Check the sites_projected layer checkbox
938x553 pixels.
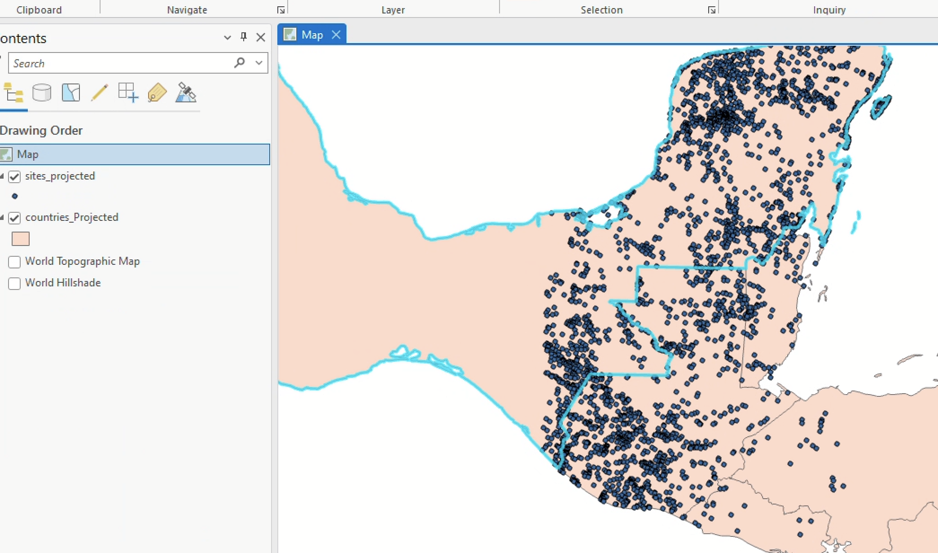(14, 176)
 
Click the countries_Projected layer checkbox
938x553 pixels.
(14, 218)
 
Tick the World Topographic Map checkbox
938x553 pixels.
(14, 262)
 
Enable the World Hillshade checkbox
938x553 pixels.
(14, 283)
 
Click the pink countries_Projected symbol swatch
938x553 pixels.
(21, 239)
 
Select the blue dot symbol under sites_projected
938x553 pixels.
(15, 196)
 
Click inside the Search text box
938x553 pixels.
(117, 63)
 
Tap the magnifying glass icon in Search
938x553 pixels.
(239, 63)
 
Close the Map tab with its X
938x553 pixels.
(336, 35)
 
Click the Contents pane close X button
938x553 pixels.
(261, 37)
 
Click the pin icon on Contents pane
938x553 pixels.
(244, 37)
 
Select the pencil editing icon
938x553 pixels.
(99, 93)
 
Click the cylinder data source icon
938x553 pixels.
(42, 93)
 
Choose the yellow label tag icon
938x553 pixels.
(157, 93)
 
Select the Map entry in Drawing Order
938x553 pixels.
(28, 154)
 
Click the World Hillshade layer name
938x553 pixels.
(63, 283)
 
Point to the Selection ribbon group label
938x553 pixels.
(601, 10)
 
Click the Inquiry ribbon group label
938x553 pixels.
(829, 10)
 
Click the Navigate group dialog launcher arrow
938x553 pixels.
(281, 10)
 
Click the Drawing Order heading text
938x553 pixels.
(41, 131)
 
